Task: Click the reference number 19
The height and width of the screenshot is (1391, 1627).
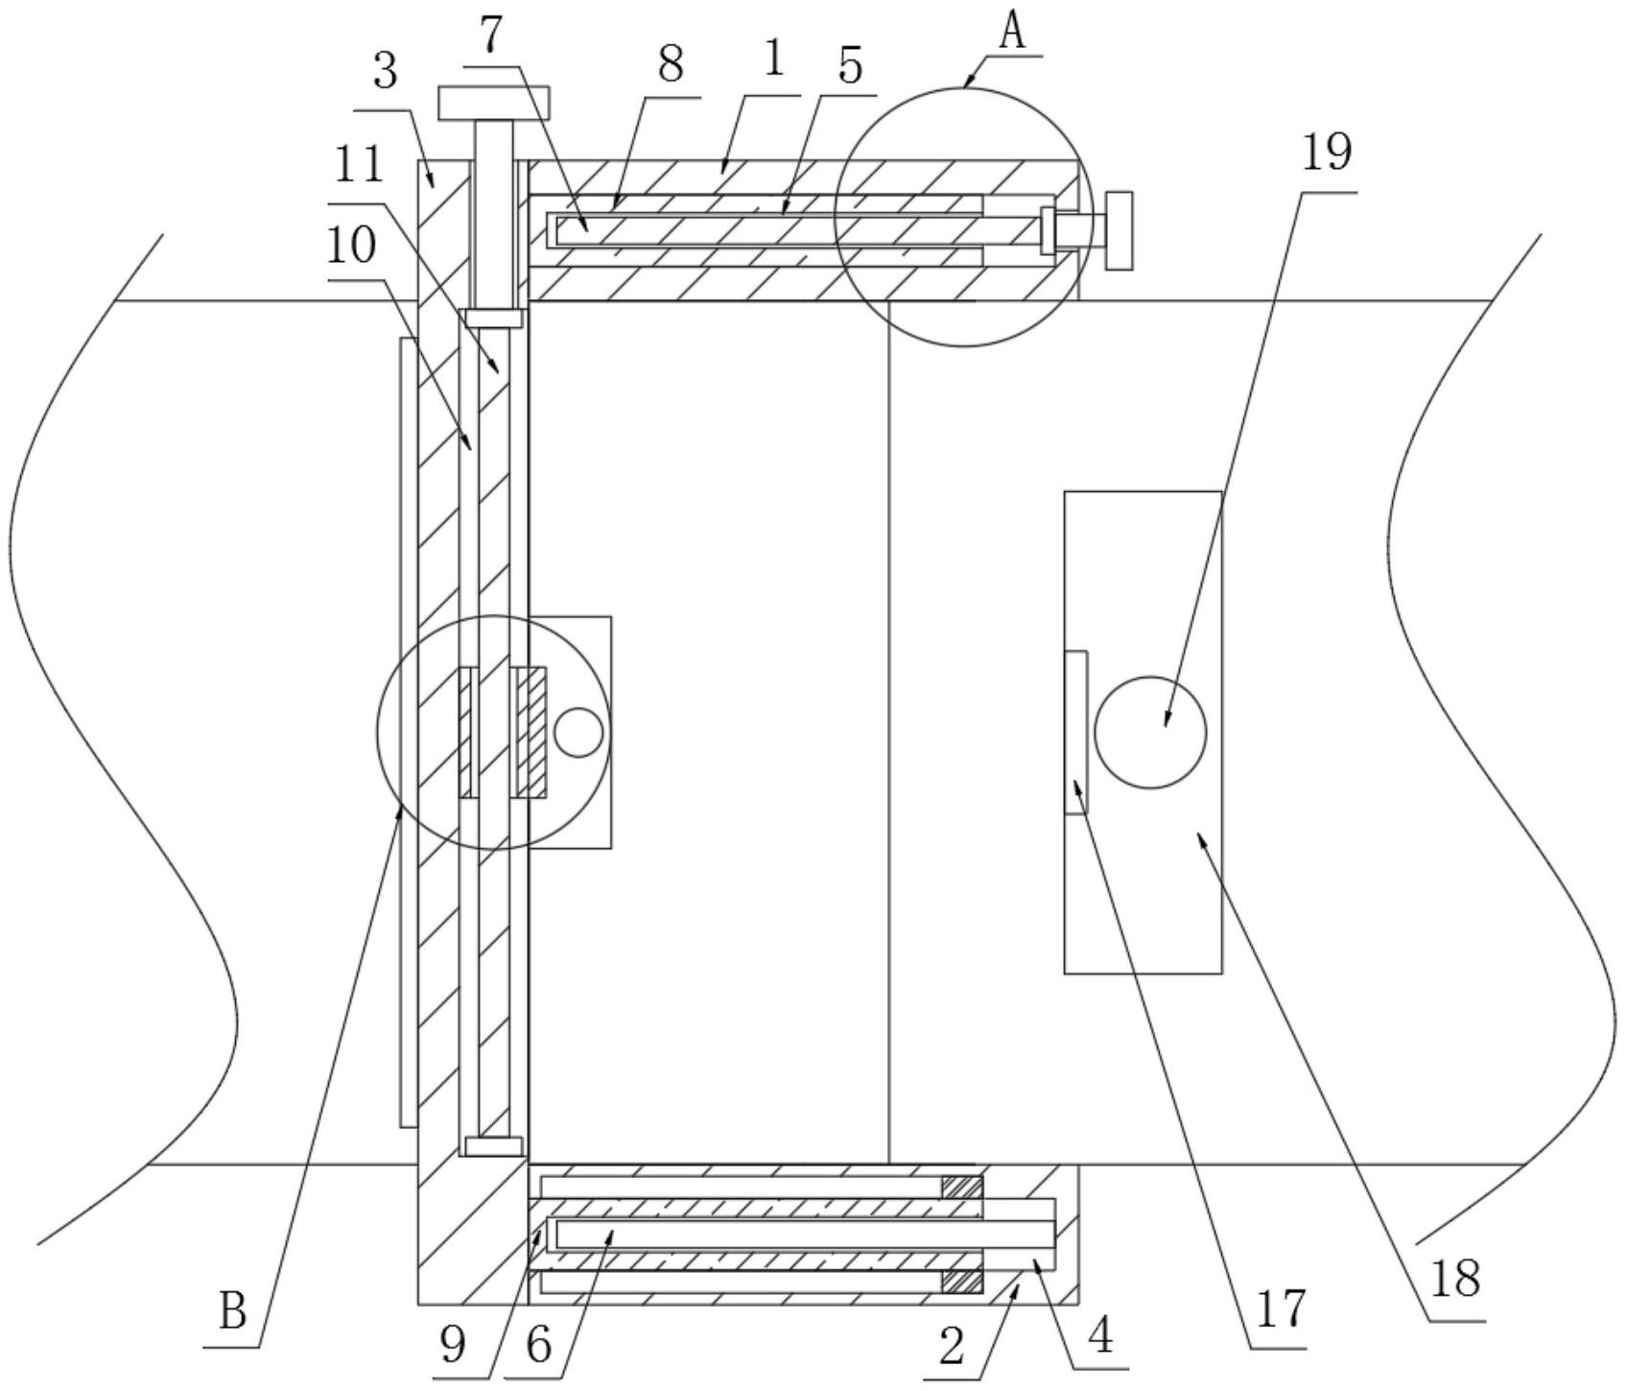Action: click(1327, 153)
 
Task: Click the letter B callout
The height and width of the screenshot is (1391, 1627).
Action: click(232, 1310)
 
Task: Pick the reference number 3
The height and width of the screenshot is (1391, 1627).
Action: click(385, 72)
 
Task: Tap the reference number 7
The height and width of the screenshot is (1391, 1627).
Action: click(490, 36)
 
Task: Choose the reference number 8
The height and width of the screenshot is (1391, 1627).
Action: click(670, 65)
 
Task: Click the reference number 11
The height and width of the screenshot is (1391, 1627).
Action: click(359, 166)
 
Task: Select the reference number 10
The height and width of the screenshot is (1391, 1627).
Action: click(351, 246)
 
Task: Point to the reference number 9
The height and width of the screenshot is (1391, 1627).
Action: click(453, 1344)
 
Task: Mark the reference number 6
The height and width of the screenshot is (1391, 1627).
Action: click(539, 1344)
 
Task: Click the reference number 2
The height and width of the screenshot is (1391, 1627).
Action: click(951, 1346)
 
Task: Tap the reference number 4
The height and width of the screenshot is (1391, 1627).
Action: click(1101, 1334)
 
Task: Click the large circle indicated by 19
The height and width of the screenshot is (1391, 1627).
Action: click(1149, 733)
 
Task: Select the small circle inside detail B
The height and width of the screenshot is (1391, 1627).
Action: click(578, 733)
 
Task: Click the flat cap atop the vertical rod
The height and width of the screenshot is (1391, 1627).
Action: click(493, 103)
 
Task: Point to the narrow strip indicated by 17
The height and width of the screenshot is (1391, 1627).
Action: click(1076, 732)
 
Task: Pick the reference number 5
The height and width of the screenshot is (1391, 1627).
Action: click(849, 65)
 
